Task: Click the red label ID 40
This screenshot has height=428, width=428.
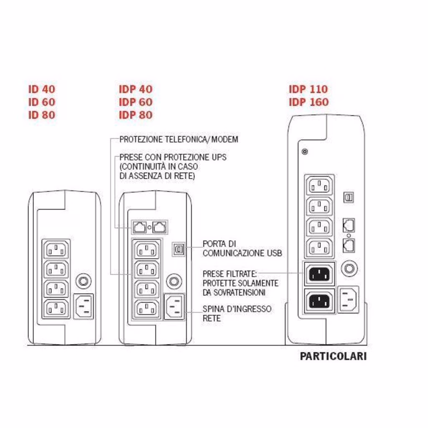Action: [x=42, y=89]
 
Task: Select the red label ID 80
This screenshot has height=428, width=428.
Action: [x=42, y=115]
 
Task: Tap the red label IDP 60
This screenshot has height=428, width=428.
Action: [x=135, y=102]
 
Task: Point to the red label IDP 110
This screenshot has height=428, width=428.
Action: [x=308, y=89]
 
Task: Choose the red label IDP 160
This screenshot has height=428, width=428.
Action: [x=308, y=102]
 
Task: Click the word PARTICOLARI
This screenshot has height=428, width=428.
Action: [x=333, y=356]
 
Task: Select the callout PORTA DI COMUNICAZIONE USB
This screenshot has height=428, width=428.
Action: [x=242, y=248]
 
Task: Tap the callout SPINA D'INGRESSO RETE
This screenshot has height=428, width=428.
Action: [x=237, y=313]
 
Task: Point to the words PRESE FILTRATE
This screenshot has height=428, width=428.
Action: [x=229, y=274]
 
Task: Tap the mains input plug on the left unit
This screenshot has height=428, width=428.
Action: [x=83, y=307]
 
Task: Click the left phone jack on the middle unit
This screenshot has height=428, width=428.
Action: [x=139, y=227]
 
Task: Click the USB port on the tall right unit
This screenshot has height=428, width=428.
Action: [x=349, y=197]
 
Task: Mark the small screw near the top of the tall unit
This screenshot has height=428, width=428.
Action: [x=305, y=151]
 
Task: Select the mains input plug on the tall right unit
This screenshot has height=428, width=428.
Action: [x=349, y=299]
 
